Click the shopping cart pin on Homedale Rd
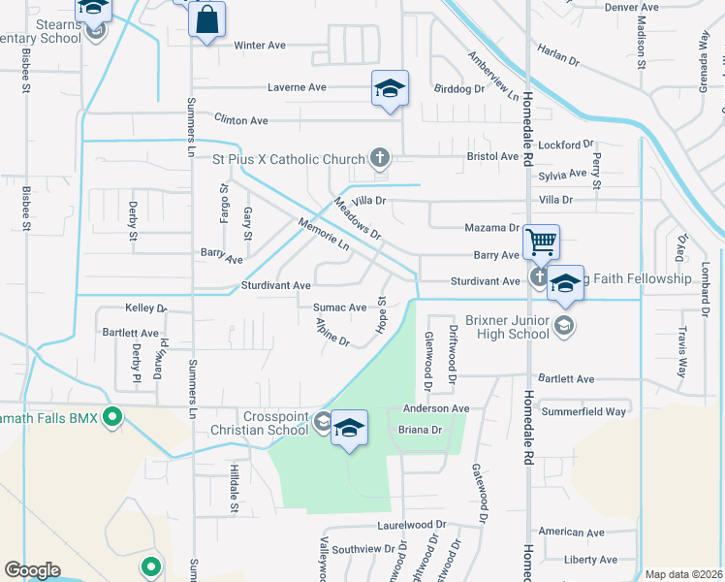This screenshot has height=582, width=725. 541,242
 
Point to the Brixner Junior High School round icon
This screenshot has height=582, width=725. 564,326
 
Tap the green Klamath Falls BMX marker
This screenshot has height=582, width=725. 113,418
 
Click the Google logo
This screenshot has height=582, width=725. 32,570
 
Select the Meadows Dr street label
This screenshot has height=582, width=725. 359,220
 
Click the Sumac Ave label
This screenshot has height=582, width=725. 339,307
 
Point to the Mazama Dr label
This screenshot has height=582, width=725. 491,228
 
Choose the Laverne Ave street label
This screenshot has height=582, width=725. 297,87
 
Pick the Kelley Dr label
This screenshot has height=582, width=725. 146,307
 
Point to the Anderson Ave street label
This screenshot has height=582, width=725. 436,409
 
